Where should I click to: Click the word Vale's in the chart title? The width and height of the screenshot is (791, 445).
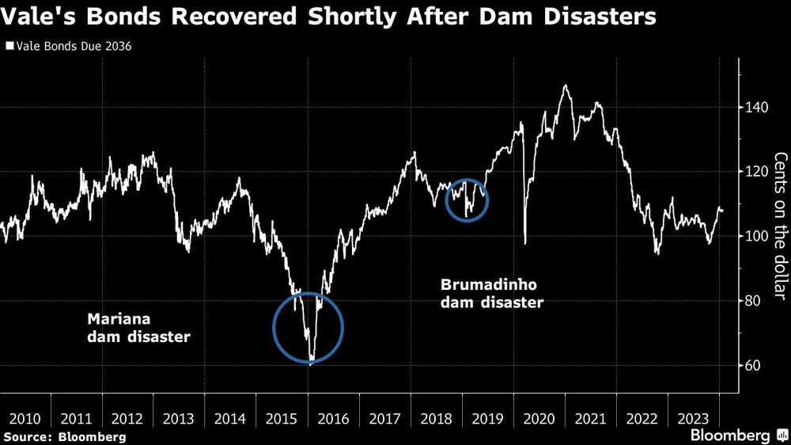42,17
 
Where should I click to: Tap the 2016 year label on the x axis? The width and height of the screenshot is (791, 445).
334,418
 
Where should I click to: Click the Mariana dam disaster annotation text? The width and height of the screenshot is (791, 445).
138,329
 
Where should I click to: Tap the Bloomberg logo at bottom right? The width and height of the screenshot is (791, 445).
731,435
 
